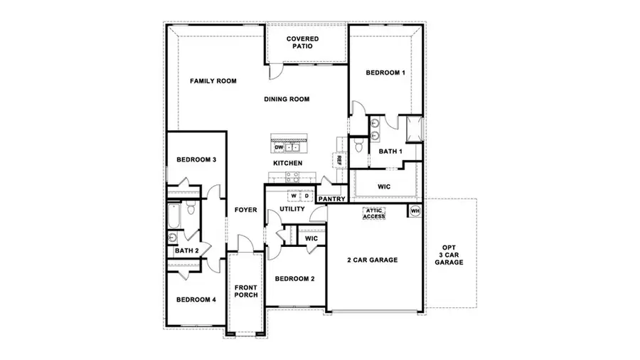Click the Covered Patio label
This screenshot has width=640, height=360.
[302, 42]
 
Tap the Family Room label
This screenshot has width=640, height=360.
[213, 81]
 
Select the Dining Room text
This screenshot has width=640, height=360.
[287, 99]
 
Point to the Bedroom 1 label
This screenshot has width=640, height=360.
[385, 73]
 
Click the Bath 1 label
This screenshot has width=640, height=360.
[390, 152]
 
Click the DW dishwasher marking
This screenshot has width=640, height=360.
[279, 147]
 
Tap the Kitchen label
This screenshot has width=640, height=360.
[288, 164]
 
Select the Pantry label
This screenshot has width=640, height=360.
[332, 199]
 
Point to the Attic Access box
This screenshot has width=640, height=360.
[374, 213]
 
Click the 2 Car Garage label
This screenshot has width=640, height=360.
[373, 260]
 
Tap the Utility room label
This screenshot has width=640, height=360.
[292, 209]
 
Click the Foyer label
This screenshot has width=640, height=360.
[246, 210]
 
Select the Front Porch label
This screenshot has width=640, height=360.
[246, 290]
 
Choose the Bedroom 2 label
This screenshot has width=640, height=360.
[294, 278]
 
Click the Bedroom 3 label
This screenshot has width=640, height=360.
[196, 160]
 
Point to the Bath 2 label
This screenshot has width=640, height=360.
[186, 250]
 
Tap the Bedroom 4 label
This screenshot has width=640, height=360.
[196, 300]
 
